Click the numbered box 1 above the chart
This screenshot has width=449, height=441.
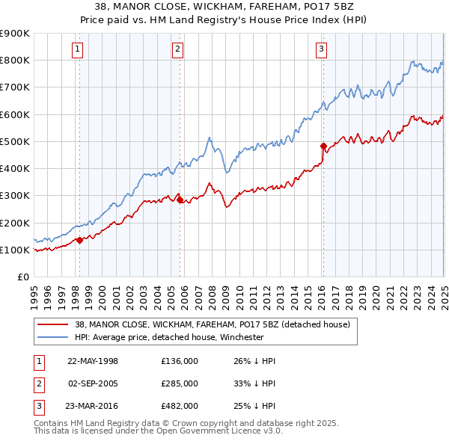pos(79,50)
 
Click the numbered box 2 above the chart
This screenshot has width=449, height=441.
pos(178,50)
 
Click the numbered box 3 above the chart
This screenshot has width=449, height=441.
pos(321,50)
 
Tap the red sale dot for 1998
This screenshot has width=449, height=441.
pos(80,240)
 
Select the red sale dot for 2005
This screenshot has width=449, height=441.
pos(180,200)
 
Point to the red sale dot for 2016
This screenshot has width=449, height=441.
pos(323,146)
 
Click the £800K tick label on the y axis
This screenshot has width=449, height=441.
pos(15,61)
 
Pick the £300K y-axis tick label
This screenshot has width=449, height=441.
pos(15,196)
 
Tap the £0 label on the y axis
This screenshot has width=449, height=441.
pos(22,277)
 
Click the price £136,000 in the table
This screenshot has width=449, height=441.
pos(180,361)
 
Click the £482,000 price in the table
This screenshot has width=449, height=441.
pos(180,407)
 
